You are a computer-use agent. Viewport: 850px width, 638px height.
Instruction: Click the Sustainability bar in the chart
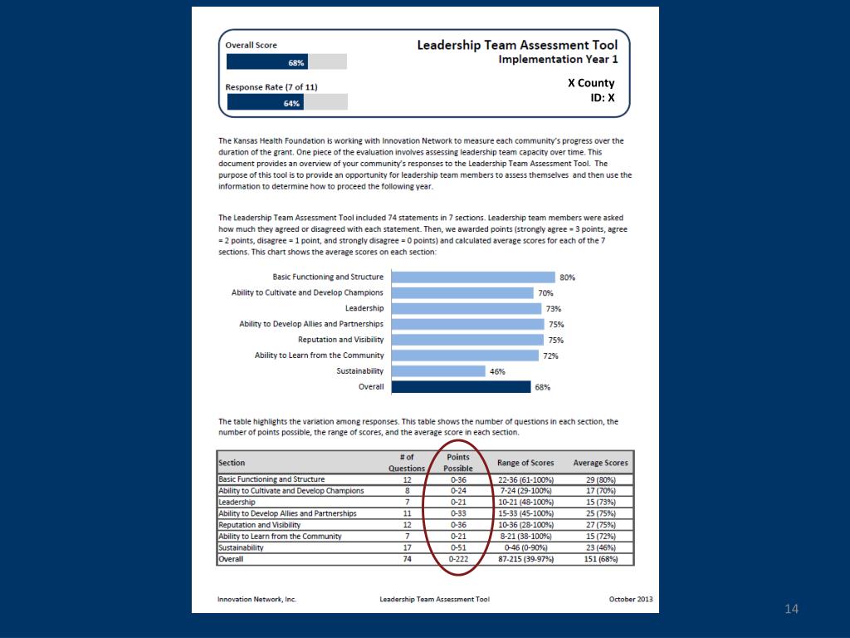coord(437,371)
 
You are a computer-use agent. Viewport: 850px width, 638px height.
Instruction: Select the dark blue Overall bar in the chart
coord(461,386)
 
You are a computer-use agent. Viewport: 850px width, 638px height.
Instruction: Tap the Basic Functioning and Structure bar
coord(472,277)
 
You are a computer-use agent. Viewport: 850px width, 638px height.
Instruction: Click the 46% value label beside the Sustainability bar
coord(497,372)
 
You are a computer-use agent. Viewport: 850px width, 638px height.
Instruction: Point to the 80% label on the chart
coord(568,278)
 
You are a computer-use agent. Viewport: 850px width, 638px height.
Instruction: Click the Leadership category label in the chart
coord(364,308)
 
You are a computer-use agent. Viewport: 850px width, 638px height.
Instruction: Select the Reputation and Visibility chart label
coord(340,340)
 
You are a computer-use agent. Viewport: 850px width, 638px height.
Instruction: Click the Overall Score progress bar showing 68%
coord(286,62)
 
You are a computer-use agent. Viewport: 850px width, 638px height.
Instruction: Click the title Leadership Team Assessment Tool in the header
coord(517,45)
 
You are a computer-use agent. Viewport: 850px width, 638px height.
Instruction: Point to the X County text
coord(591,83)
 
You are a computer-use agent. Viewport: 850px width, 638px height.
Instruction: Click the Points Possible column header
coord(458,463)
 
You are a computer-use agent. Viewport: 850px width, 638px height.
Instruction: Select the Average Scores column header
coord(600,463)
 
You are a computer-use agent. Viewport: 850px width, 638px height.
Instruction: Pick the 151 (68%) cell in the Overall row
coord(600,560)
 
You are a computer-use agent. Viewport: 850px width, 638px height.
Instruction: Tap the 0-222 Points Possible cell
coord(459,560)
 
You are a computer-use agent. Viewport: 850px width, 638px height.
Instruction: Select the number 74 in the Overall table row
coord(407,560)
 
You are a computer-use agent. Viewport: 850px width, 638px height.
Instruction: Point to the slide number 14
coord(791,611)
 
